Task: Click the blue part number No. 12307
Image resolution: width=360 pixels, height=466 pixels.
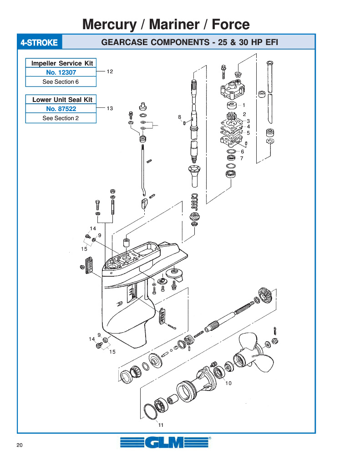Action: click(61, 72)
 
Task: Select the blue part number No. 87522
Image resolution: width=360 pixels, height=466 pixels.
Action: click(61, 109)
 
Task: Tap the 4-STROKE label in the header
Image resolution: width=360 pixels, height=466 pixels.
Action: click(39, 42)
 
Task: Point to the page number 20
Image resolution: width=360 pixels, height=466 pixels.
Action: click(20, 445)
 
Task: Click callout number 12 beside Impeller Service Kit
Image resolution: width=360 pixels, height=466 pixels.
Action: click(110, 71)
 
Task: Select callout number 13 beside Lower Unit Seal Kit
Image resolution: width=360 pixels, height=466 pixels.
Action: click(110, 108)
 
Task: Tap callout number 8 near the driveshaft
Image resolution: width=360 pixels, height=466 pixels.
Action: click(180, 117)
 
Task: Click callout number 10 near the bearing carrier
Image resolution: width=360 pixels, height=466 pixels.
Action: click(228, 383)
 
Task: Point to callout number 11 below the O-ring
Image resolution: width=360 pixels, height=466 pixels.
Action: click(161, 425)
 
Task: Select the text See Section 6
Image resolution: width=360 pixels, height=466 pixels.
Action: click(61, 82)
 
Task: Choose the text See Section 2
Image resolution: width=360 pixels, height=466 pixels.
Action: click(61, 118)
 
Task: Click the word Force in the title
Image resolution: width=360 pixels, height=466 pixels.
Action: click(231, 25)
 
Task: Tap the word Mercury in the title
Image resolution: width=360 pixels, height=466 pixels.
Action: click(109, 25)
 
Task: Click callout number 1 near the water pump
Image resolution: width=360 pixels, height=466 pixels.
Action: click(244, 105)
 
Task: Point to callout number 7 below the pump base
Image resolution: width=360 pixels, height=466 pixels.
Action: click(242, 158)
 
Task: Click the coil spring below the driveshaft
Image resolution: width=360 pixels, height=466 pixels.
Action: click(194, 202)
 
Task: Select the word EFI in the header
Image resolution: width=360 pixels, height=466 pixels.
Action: click(272, 42)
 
